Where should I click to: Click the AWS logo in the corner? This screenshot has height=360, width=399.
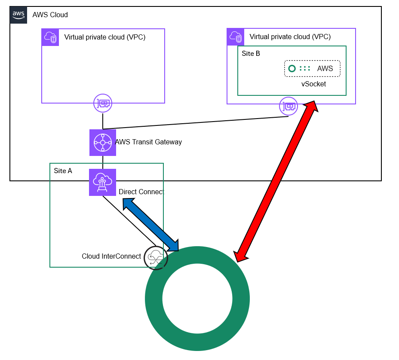coord(18,15)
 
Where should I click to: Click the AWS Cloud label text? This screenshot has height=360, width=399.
coord(50,15)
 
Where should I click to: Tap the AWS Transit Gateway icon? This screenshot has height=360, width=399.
coord(103,143)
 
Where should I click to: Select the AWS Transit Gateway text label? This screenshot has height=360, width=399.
coord(149,142)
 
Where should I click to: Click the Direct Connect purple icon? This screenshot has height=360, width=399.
coord(103,182)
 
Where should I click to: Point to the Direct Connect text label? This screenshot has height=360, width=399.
coord(141,192)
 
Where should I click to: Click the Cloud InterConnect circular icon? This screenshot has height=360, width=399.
coord(156,258)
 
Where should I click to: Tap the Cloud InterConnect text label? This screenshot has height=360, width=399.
coord(111,256)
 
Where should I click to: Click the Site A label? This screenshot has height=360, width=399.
coord(63,171)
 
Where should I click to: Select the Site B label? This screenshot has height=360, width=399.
coord(251,53)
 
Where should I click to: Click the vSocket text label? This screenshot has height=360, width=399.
coord(313,84)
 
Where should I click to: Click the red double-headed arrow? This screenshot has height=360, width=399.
coord(276,181)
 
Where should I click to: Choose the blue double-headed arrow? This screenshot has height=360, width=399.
coord(150,225)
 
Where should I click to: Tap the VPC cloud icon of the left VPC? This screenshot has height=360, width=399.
coord(50,37)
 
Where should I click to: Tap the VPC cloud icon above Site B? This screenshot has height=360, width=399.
coord(235,37)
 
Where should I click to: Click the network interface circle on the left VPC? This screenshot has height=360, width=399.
coord(103,103)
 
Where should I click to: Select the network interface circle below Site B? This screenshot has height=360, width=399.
coord(289,106)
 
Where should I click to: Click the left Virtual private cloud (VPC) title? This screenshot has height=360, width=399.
coord(105,37)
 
